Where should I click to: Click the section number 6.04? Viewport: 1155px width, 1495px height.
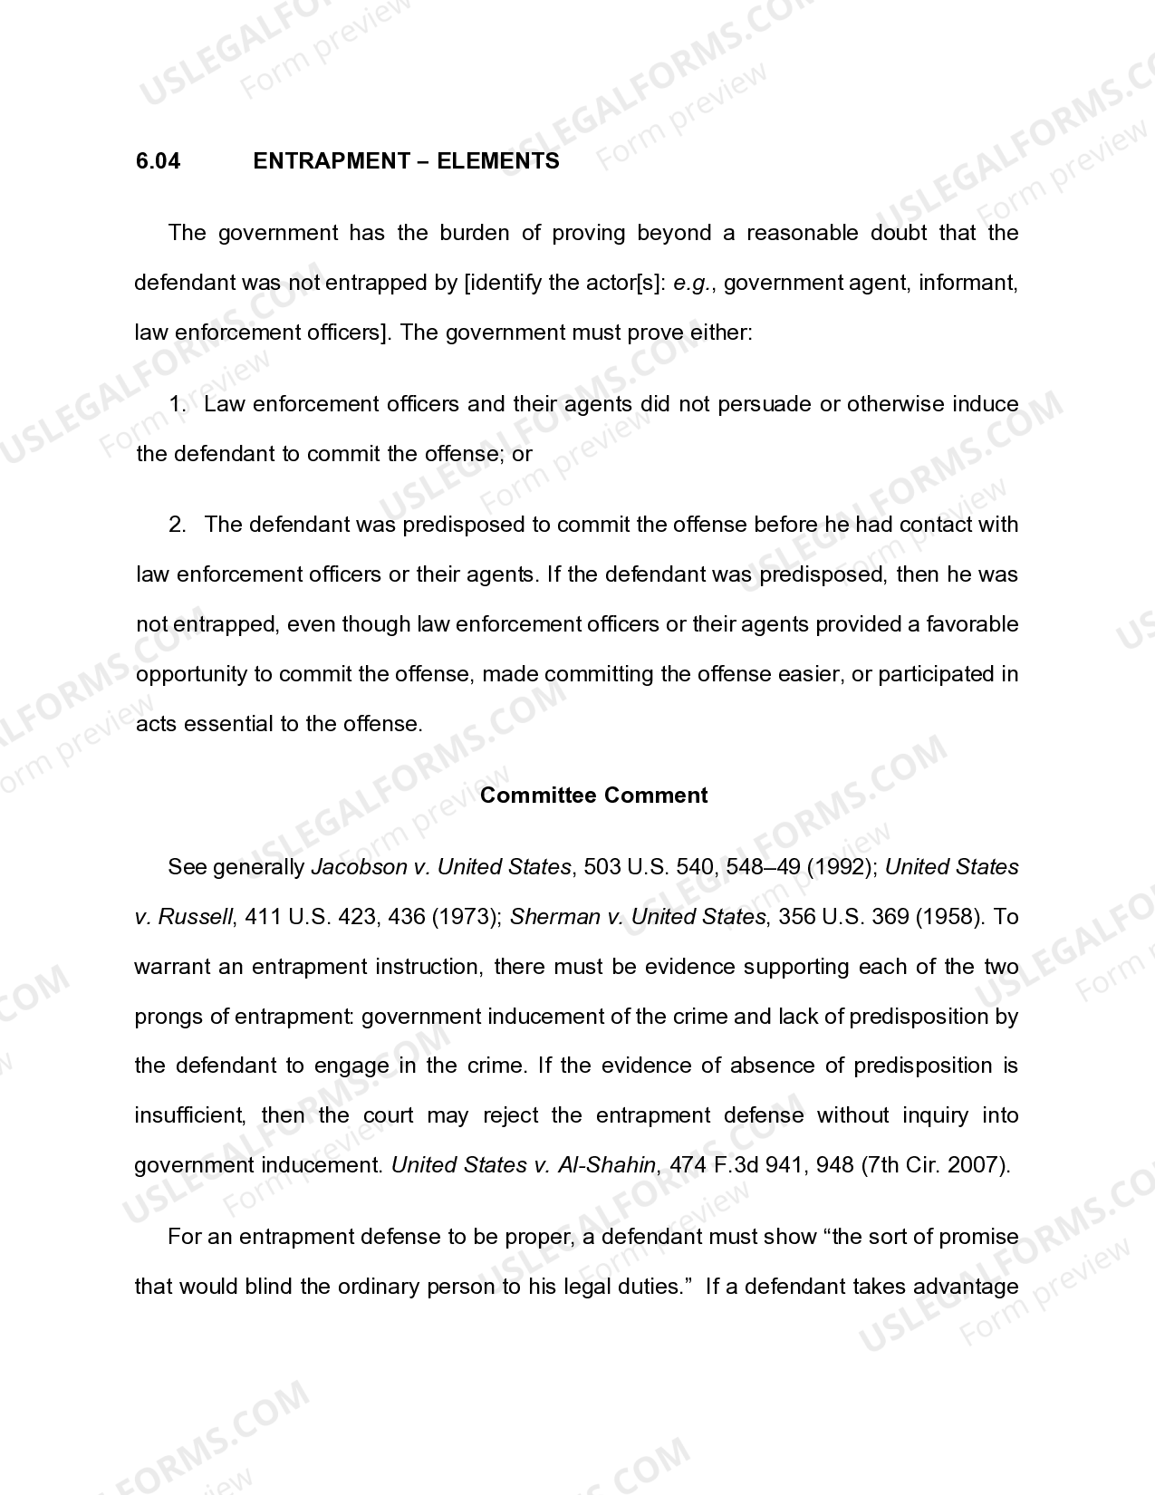(x=158, y=161)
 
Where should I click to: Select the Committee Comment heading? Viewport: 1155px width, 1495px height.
(x=593, y=796)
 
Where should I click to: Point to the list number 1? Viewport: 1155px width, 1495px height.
(x=177, y=404)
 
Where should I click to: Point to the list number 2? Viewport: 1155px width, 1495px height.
(x=177, y=525)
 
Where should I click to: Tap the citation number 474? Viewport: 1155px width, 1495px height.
(x=689, y=1165)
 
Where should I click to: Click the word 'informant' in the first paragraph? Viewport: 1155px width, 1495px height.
(x=967, y=283)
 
